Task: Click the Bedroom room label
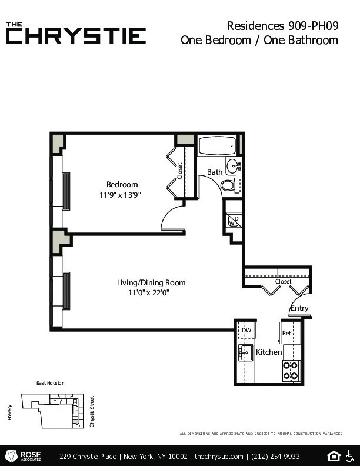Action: coord(122,184)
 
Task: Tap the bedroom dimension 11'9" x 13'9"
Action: coord(122,194)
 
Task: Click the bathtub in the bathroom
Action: coord(216,145)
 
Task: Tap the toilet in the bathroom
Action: coord(228,185)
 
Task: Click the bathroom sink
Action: coord(234,164)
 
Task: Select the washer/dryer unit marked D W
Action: coord(234,221)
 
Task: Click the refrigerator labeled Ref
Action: coord(288,333)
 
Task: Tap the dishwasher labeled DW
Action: coord(246,331)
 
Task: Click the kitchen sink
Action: coord(245,353)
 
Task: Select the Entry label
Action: coord(299,308)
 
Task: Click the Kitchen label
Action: coord(269,352)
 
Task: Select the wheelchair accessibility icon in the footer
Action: coord(351,456)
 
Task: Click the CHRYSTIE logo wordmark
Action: coord(76,35)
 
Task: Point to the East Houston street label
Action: coord(50,383)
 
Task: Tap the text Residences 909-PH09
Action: coord(282,25)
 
